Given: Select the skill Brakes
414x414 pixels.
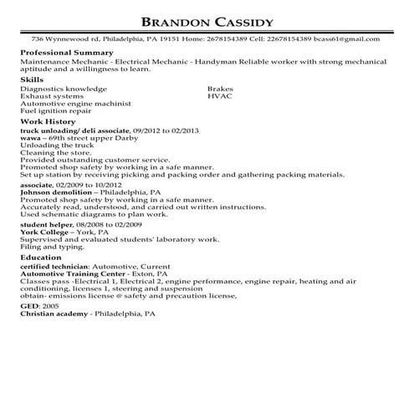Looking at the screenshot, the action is [x=220, y=87].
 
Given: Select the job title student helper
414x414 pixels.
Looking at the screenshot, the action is [x=44, y=225].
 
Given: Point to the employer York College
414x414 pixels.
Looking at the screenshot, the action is [x=43, y=233].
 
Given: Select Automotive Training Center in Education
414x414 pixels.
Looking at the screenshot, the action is [x=73, y=273].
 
